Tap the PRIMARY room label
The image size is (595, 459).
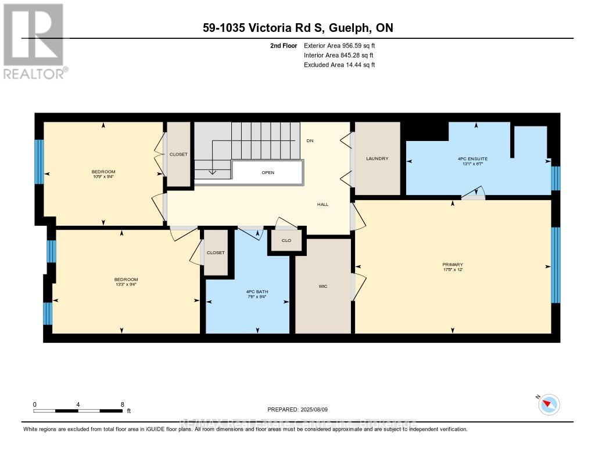[x=452, y=265]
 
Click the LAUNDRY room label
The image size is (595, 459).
[x=377, y=158]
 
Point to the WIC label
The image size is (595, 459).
[x=323, y=286]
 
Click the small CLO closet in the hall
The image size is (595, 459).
[x=286, y=240]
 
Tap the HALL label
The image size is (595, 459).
[x=323, y=204]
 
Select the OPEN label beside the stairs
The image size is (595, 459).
[x=268, y=172]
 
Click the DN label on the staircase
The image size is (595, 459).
[x=310, y=140]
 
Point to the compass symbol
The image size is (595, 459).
[x=549, y=404]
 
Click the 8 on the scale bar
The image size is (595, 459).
[x=122, y=404]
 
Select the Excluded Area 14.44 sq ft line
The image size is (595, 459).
[x=339, y=65]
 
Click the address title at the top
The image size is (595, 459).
[x=297, y=28]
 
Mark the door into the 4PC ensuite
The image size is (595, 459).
[x=473, y=195]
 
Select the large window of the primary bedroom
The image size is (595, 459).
[x=555, y=265]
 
